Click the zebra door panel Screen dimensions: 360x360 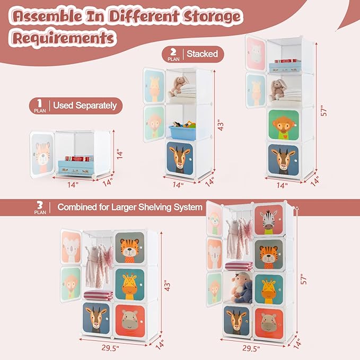pos(268,219)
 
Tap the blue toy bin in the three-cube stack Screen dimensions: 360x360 pos(182,132)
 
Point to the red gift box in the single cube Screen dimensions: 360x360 pos(74,159)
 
